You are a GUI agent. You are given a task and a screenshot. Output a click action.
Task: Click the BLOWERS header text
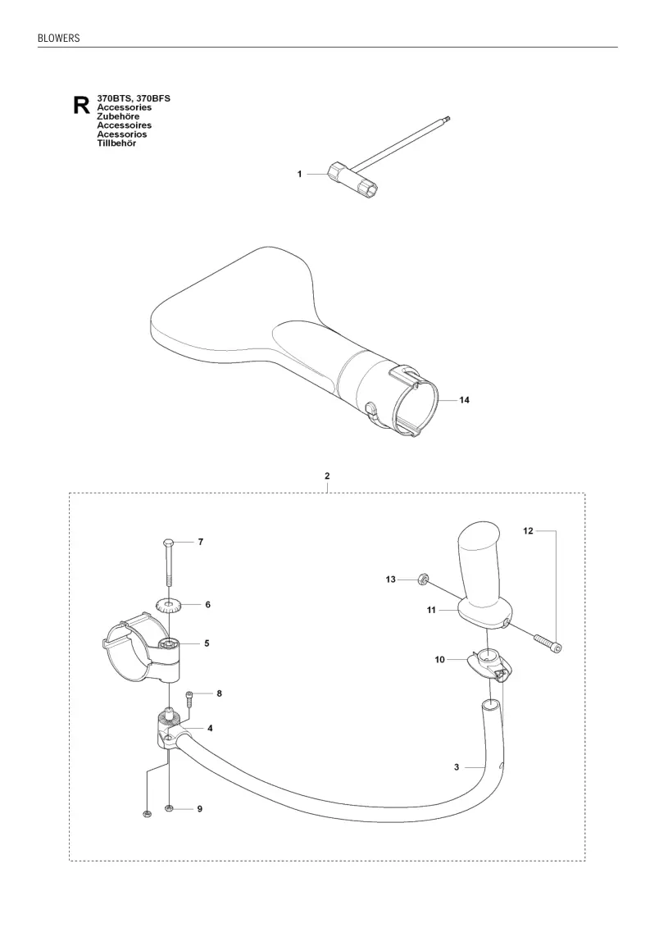58,38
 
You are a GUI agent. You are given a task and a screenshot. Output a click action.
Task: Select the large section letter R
81,105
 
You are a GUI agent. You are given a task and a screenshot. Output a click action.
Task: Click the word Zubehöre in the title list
118,116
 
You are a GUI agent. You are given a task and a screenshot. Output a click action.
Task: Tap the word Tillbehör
117,143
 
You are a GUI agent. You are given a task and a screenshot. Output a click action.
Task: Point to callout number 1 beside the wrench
299,174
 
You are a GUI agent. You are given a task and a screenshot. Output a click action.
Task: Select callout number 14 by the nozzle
464,400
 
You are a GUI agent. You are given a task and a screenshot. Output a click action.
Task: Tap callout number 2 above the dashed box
327,476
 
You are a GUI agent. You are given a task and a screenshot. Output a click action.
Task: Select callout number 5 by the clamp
207,643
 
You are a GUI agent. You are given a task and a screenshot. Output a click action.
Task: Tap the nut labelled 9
170,808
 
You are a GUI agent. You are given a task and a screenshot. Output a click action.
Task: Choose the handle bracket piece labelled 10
489,664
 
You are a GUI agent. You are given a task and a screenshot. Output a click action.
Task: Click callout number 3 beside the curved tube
457,767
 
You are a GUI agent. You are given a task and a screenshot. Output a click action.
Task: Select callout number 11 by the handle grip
431,610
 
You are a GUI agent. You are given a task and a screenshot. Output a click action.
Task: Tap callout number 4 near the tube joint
211,728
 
